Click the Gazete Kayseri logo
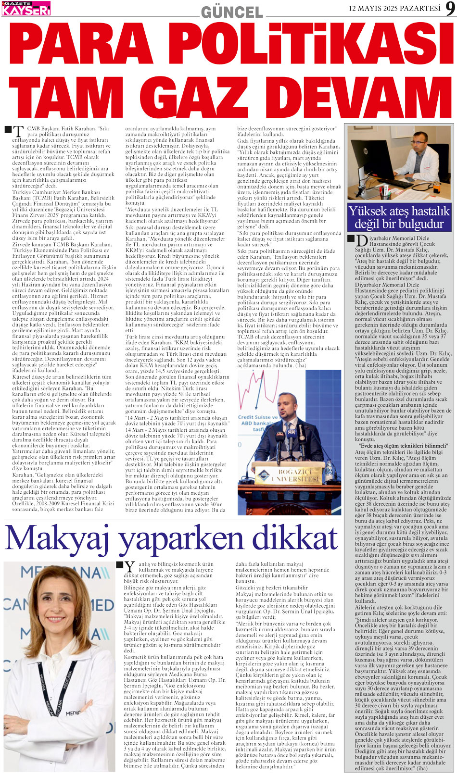(x=26, y=8)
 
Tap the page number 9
(x=449, y=9)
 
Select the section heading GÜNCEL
(x=232, y=12)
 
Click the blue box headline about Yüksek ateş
(x=399, y=217)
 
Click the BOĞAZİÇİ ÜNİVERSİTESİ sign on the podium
(x=292, y=476)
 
